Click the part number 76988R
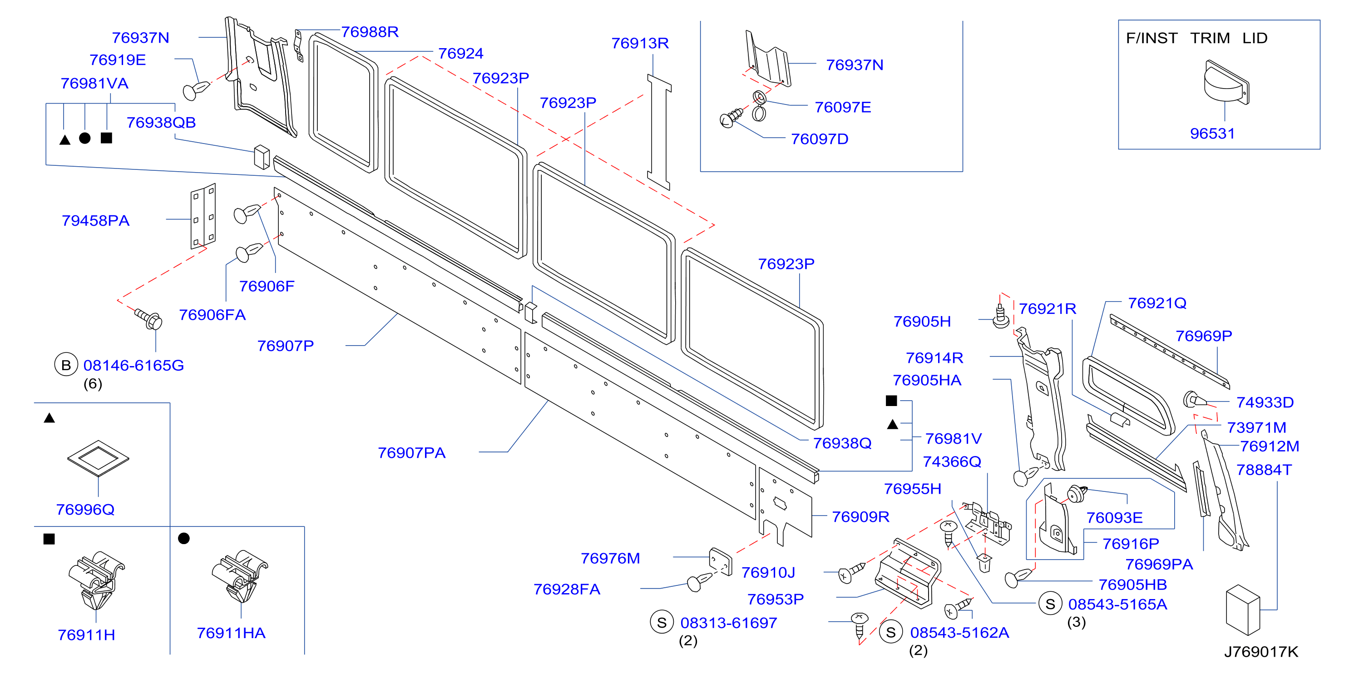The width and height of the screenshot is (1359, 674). click(x=370, y=32)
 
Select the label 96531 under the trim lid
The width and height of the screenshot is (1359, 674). click(x=1212, y=134)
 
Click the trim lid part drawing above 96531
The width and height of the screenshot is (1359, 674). click(x=1226, y=83)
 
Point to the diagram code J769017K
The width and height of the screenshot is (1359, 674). click(x=1261, y=652)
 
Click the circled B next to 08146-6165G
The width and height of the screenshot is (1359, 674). click(x=66, y=365)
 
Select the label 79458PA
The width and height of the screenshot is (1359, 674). click(x=95, y=221)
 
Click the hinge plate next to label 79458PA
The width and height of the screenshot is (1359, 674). click(x=203, y=216)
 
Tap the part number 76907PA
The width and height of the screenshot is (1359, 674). click(x=411, y=453)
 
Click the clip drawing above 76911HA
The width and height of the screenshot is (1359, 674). click(x=240, y=576)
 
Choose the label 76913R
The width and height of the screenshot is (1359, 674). click(x=640, y=43)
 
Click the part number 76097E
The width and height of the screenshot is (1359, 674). click(x=843, y=108)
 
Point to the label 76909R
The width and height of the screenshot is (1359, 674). click(x=860, y=517)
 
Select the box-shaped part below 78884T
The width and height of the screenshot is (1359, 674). click(x=1243, y=609)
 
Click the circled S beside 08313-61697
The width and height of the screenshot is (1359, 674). click(x=662, y=622)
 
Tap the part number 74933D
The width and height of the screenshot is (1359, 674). click(x=1265, y=403)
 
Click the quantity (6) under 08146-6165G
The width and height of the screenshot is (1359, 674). click(x=93, y=384)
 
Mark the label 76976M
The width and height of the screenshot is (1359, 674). click(x=610, y=559)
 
